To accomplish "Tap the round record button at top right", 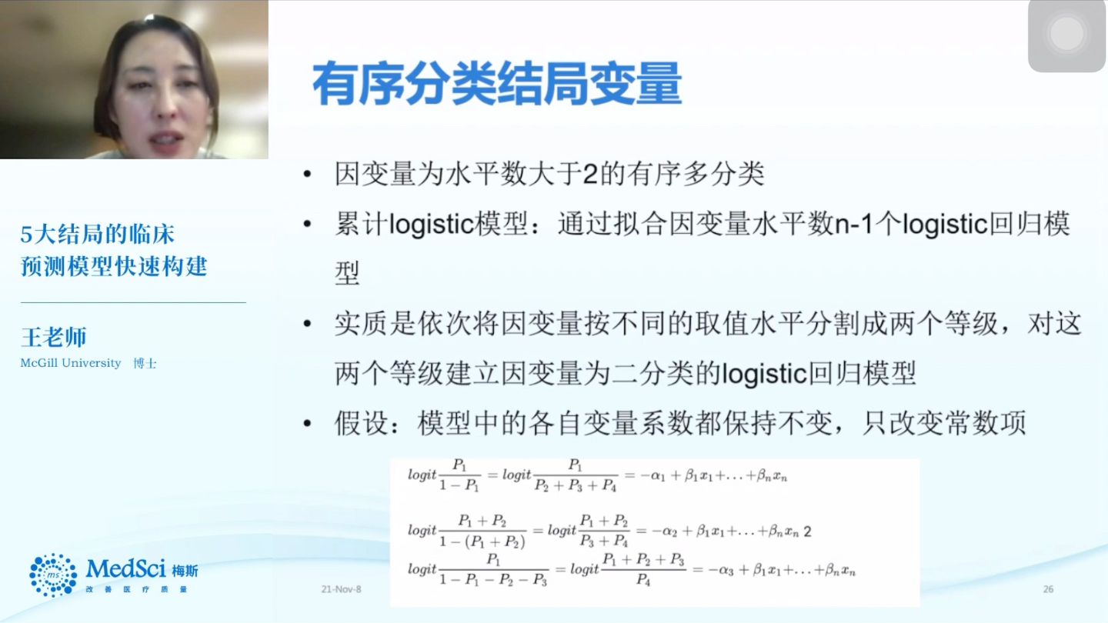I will click(x=1066, y=35).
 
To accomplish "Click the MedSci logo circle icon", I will click(x=53, y=575).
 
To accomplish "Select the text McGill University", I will click(x=71, y=363).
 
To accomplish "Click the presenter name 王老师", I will click(x=53, y=337).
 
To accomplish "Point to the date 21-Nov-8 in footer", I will click(x=341, y=589).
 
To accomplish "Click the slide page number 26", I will click(x=1048, y=589).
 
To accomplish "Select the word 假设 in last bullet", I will click(x=362, y=423).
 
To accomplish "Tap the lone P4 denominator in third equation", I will click(x=643, y=581).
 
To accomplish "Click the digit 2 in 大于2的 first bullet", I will click(x=589, y=175).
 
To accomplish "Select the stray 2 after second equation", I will click(x=807, y=531).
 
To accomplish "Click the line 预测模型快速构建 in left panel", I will click(x=114, y=266).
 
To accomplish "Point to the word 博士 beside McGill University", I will click(x=145, y=363).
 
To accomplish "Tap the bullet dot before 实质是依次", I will click(x=308, y=325).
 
